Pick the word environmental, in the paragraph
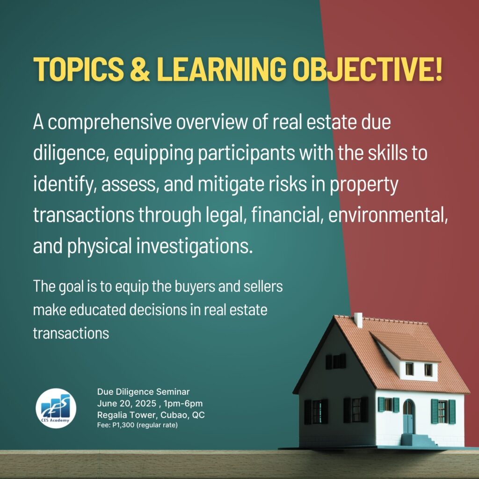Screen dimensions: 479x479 pos(388,215)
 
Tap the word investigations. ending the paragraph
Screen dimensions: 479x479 pos(195,247)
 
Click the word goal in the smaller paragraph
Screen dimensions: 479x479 pos(71,287)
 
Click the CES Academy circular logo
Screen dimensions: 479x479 pos(56,408)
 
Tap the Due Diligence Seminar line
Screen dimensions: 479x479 pos(143,392)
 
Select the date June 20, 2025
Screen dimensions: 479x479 pos(127,404)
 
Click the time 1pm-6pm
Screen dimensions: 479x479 pos(183,404)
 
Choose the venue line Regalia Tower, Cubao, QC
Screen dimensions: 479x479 pos(151,415)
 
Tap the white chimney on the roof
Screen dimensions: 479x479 pos(358,320)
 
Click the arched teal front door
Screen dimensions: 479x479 pos(408,416)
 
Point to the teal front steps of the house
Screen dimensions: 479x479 pos(419,440)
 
